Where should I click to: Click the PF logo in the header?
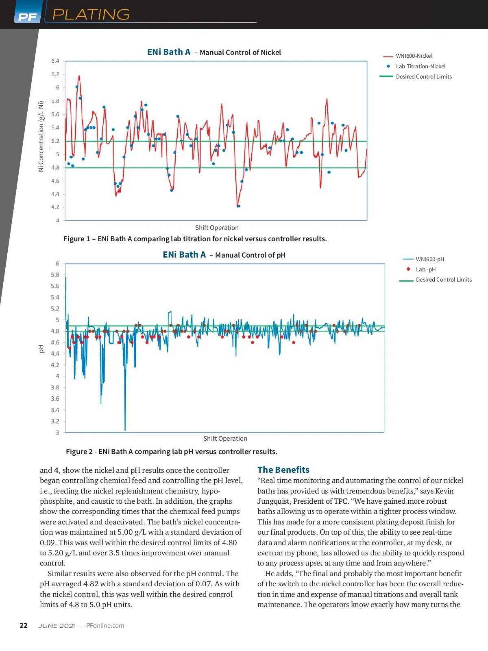click(x=27, y=17)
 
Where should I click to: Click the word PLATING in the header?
click(x=91, y=15)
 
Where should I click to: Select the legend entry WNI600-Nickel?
click(x=414, y=56)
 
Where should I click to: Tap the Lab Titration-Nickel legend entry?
click(x=420, y=66)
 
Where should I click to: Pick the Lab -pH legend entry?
click(x=425, y=269)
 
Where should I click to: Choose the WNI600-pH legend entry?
click(x=430, y=259)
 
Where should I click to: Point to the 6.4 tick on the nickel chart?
click(x=55, y=61)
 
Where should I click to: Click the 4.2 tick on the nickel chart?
click(x=55, y=207)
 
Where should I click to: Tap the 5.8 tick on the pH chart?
click(x=55, y=275)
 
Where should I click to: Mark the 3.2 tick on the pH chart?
click(x=55, y=421)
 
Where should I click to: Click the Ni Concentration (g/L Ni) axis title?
click(x=41, y=136)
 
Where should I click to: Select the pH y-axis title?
click(x=41, y=348)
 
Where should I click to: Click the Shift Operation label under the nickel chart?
click(x=217, y=228)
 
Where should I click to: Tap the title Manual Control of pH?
click(x=250, y=255)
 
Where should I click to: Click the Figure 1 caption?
click(x=195, y=239)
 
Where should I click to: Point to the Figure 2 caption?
click(x=171, y=452)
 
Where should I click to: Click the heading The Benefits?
click(x=283, y=470)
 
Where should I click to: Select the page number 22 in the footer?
click(x=24, y=625)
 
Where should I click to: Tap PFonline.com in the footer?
click(x=105, y=626)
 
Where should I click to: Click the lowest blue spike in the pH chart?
click(x=125, y=429)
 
